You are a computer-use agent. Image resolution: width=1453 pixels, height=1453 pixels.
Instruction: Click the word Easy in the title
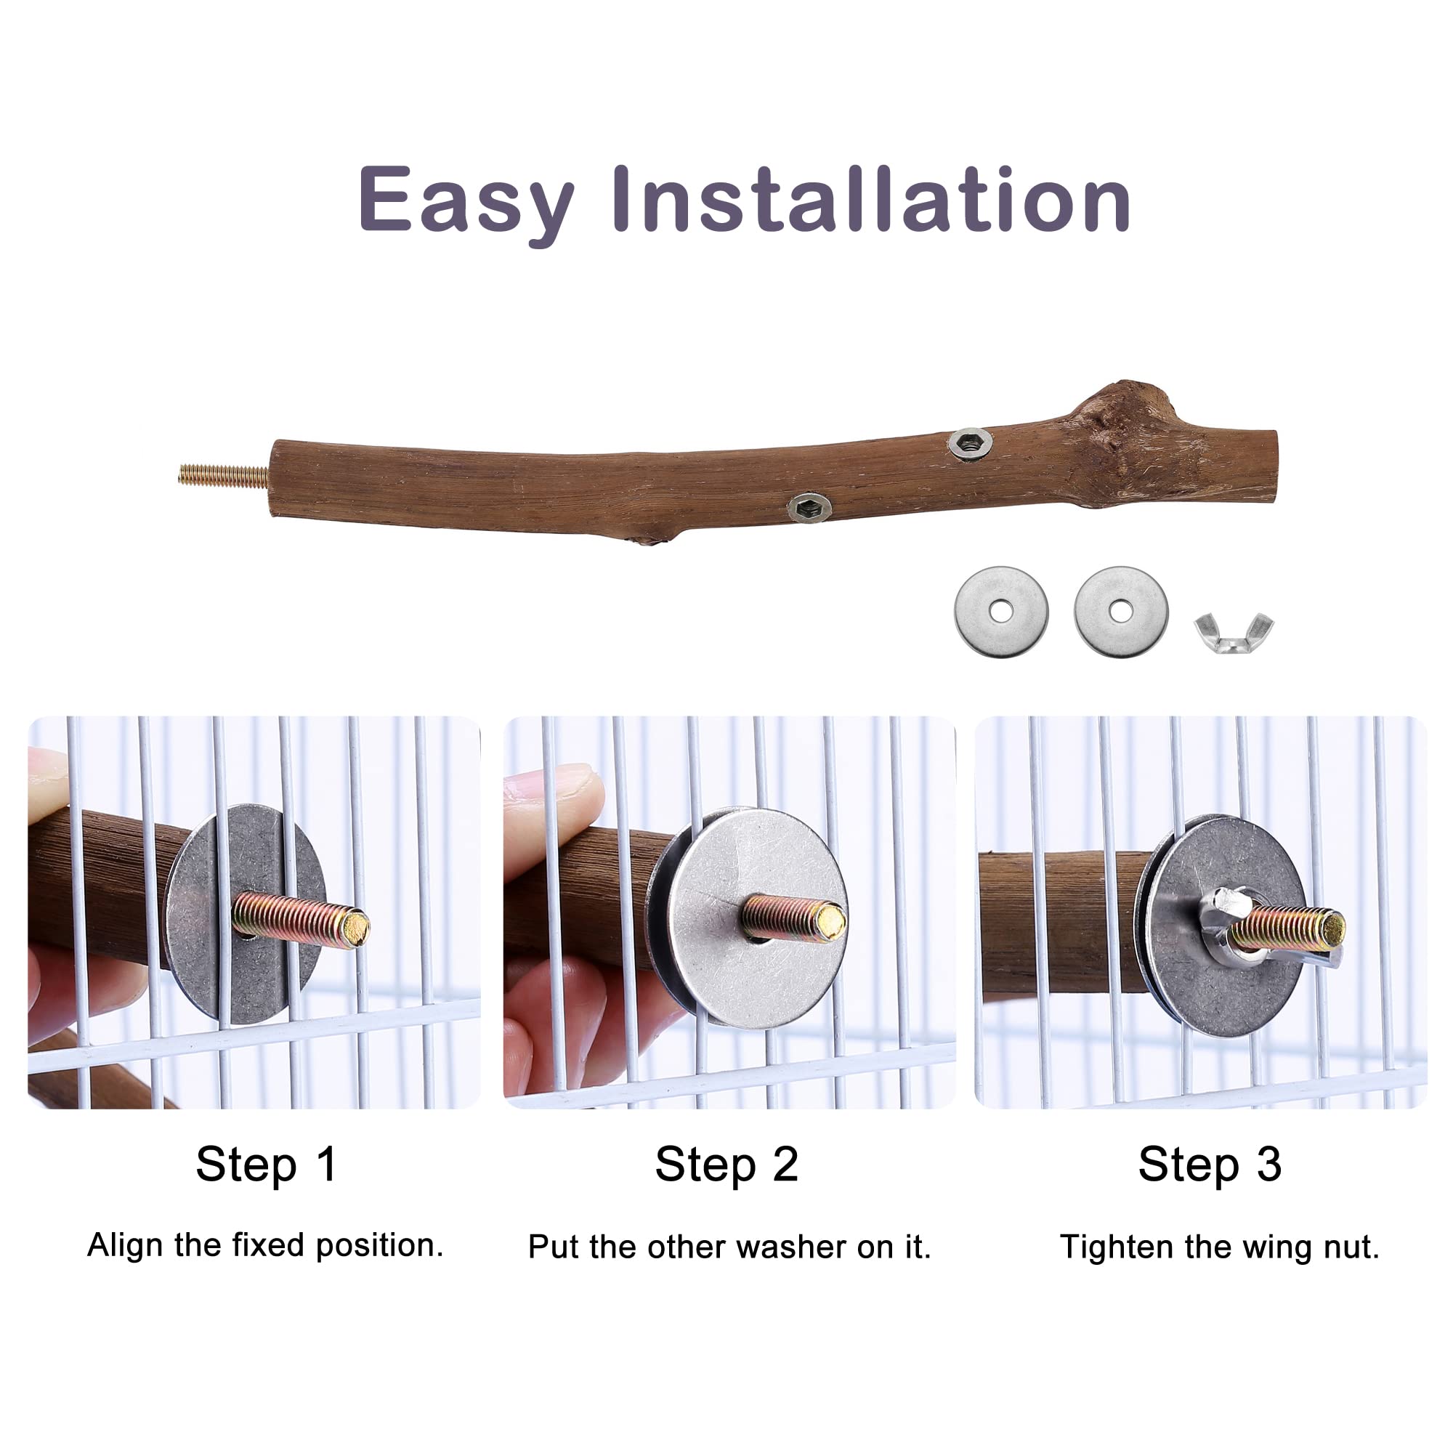click(x=466, y=201)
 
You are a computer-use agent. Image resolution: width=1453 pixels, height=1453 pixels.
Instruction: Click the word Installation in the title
click(x=871, y=198)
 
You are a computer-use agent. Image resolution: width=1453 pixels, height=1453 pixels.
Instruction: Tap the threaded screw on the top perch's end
click(x=223, y=475)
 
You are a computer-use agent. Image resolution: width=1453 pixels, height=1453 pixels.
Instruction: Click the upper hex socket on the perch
click(x=969, y=443)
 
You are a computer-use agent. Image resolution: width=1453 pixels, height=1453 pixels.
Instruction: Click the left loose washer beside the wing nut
click(x=1001, y=612)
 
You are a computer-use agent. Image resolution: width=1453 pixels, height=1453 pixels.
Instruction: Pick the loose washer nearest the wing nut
click(x=1121, y=612)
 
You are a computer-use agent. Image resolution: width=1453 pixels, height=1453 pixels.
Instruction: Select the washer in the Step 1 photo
click(x=246, y=914)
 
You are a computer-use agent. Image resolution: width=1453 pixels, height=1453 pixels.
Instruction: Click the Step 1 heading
click(x=266, y=1165)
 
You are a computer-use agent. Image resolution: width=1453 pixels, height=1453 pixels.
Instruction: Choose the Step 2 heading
click(x=726, y=1165)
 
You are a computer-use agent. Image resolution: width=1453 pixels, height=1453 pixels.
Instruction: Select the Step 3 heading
click(x=1210, y=1165)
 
